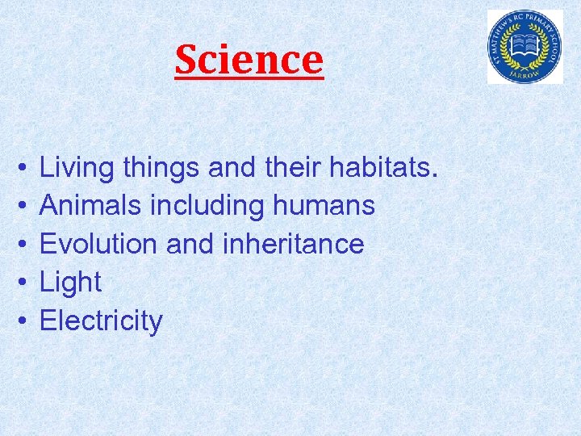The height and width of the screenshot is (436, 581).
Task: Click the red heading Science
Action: (x=249, y=59)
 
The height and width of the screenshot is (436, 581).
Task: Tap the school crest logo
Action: (x=525, y=47)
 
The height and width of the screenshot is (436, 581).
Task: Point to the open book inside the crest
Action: (x=525, y=42)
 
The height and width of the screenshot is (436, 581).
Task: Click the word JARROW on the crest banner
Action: (x=525, y=70)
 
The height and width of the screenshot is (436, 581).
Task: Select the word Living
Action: (x=77, y=168)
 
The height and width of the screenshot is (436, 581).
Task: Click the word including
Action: (x=207, y=206)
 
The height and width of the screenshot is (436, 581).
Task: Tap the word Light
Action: (x=70, y=283)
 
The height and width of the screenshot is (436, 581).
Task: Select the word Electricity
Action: (x=101, y=321)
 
